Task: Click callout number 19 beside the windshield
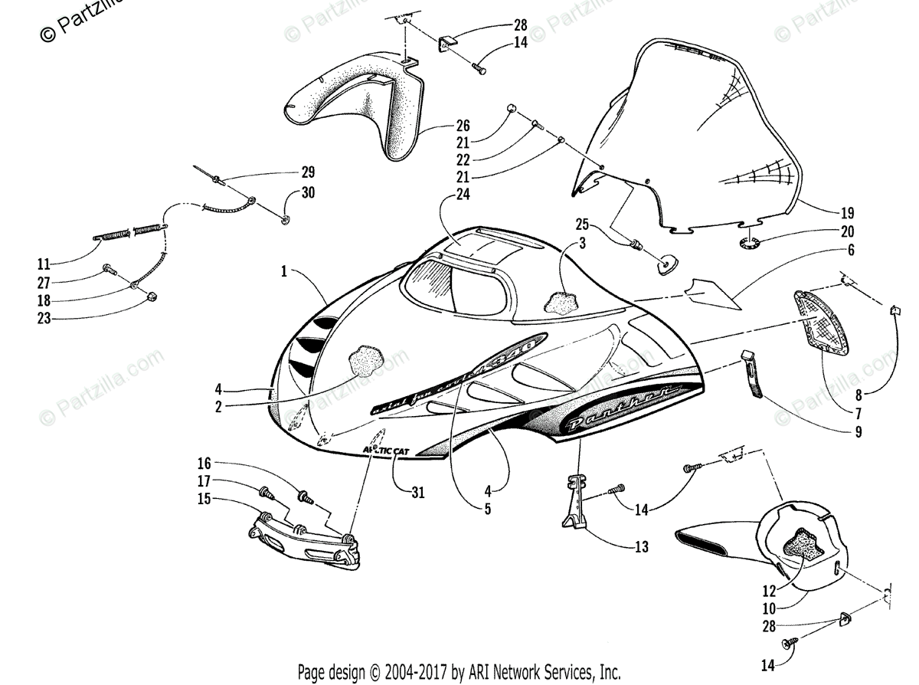846,214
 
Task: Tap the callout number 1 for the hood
285,272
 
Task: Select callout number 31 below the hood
417,493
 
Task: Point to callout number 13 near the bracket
641,546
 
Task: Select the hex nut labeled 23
151,296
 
